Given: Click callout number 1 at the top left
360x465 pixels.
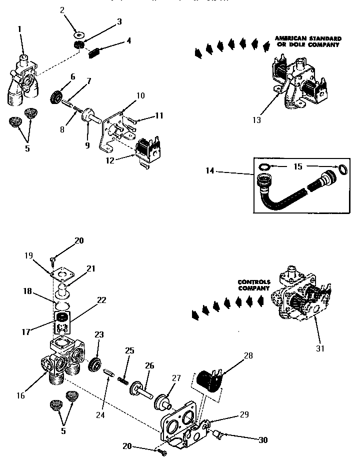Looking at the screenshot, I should tap(19, 29).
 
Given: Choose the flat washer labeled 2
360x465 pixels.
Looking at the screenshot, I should tap(79, 36).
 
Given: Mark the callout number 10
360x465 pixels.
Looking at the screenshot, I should tap(140, 95).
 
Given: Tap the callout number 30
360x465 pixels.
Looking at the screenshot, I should tap(262, 440).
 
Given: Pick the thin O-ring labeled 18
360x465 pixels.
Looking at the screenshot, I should tap(62, 304).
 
